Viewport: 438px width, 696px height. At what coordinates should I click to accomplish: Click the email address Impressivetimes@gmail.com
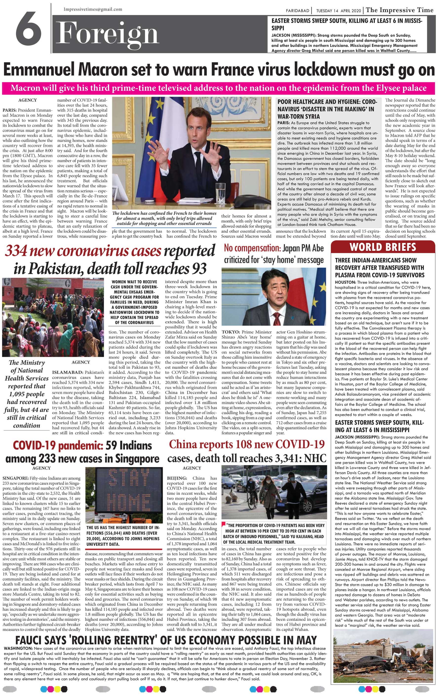coord(93,9)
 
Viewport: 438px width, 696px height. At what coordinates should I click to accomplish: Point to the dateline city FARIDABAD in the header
coord(297,11)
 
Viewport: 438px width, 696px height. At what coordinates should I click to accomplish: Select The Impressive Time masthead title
coord(400,10)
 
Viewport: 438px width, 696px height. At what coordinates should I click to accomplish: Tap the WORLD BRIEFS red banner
coord(382,247)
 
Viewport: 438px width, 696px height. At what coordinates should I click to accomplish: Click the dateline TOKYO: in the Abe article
coord(230,332)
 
